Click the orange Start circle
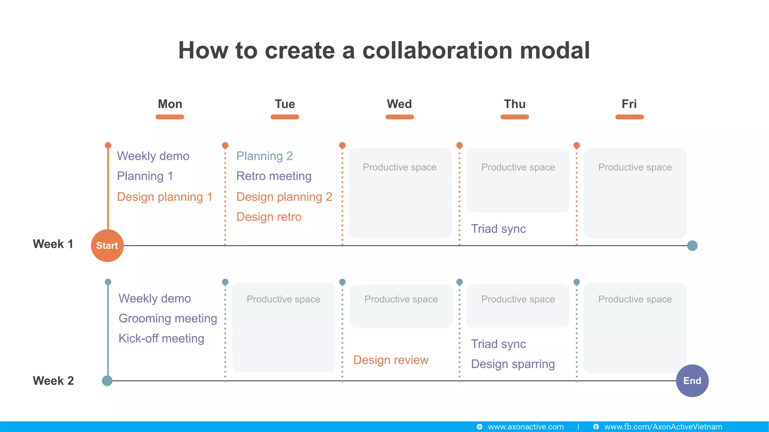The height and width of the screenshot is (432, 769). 107,246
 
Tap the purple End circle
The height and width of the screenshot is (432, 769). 692,381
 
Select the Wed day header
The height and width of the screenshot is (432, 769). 399,104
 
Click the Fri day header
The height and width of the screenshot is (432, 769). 629,104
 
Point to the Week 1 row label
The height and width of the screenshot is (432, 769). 53,244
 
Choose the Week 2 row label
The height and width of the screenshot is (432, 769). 53,381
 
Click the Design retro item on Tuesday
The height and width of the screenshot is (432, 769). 269,217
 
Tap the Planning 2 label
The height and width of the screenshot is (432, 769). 264,156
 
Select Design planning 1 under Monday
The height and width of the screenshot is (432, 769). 164,197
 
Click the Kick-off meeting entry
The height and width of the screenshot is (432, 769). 161,338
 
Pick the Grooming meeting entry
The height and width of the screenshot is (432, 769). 168,318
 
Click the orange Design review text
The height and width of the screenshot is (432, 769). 391,360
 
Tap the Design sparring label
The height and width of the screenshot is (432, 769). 513,364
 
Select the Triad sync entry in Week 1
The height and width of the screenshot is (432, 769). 498,229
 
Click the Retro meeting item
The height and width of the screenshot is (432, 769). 274,176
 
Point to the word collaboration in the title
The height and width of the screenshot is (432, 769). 437,50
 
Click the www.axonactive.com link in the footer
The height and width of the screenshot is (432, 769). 525,427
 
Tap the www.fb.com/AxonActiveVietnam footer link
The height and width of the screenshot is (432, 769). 663,427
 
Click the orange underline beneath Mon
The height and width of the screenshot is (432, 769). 170,117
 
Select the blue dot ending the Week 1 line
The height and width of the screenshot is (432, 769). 692,246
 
